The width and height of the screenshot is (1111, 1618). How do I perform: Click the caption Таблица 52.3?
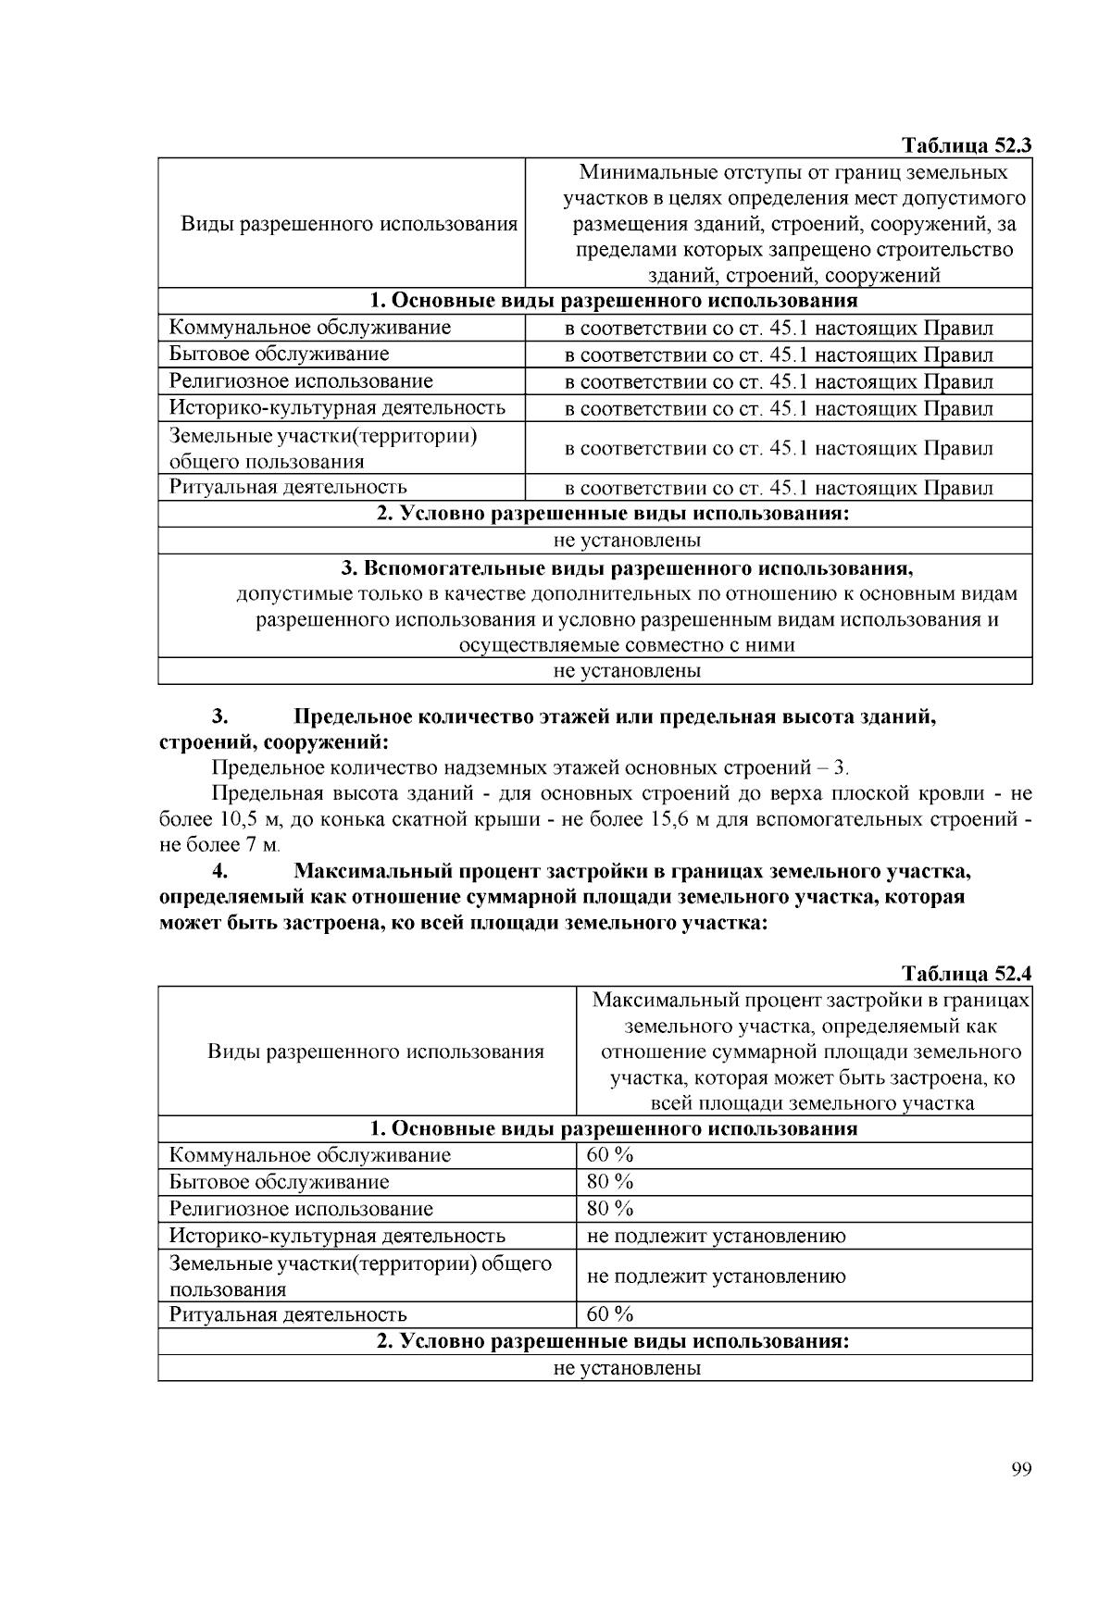pos(966,145)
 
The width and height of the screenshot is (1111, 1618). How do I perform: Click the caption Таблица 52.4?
pos(966,973)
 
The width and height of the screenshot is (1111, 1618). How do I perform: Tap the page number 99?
pos(1021,1470)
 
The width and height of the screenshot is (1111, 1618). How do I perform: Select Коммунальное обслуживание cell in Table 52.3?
pos(310,328)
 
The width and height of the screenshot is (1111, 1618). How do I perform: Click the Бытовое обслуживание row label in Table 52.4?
pos(279,1182)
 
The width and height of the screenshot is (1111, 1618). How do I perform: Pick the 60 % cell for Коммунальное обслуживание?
pos(610,1155)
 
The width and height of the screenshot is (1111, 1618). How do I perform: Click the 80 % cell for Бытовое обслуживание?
pos(610,1182)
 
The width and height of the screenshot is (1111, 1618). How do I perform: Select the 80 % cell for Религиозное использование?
pos(610,1208)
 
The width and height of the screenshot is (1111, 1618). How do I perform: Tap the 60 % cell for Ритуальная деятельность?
pos(610,1314)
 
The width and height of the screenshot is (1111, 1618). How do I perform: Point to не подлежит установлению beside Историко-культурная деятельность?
pos(716,1236)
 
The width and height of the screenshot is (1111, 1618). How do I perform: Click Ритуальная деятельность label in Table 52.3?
pos(288,487)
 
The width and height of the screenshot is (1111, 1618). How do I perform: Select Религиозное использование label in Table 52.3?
pos(301,381)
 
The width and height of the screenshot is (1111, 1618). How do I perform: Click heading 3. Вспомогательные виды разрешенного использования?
pos(594,566)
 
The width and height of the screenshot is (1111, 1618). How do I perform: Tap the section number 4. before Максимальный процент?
pos(220,871)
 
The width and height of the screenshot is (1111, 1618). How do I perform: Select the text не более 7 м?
pos(219,844)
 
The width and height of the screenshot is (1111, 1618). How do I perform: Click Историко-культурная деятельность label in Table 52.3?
pos(337,408)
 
